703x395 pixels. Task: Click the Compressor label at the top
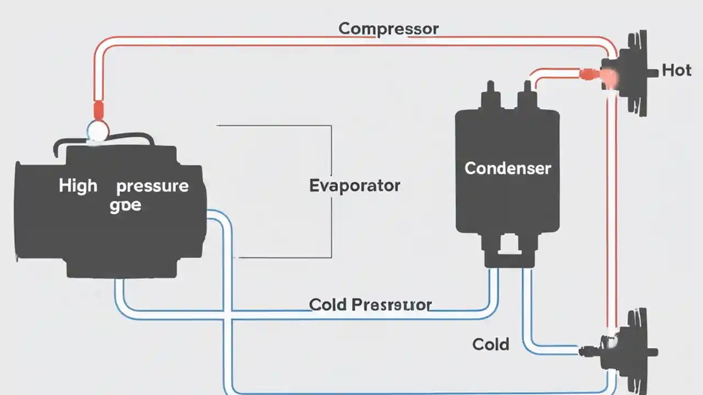click(388, 29)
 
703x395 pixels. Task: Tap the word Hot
click(676, 70)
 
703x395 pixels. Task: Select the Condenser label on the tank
click(507, 168)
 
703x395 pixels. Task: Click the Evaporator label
click(355, 185)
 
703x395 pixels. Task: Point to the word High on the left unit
click(78, 186)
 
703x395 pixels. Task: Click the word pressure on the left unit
click(152, 187)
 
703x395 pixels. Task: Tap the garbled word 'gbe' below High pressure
click(125, 206)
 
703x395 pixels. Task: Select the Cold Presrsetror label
click(370, 304)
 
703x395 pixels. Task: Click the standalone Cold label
click(490, 345)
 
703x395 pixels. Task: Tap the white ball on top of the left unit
click(98, 131)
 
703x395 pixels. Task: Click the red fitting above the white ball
click(98, 110)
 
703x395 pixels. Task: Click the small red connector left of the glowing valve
click(587, 73)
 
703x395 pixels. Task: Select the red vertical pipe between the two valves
click(611, 208)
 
